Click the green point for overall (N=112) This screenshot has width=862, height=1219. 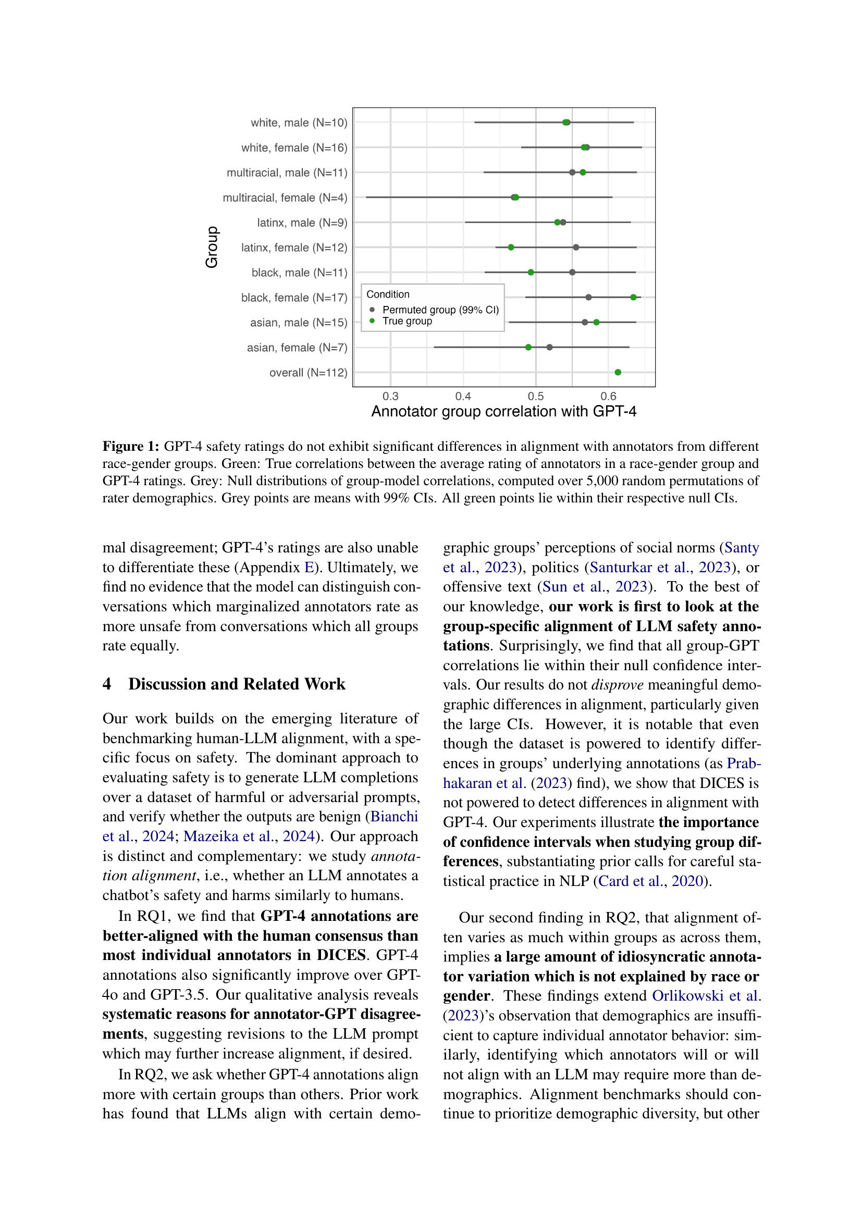pos(618,372)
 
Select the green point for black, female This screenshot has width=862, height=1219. pos(633,297)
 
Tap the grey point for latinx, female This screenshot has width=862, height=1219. pos(576,248)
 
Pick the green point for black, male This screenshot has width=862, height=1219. pos(531,273)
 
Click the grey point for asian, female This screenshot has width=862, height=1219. pos(549,347)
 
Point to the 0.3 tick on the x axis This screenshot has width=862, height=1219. pos(391,396)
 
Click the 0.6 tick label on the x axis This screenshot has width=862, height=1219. pos(608,396)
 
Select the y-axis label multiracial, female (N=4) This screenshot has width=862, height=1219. pos(285,198)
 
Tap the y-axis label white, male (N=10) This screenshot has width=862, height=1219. pos(299,123)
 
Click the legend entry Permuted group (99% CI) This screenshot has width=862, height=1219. pos(440,310)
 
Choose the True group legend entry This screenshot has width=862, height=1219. pos(407,321)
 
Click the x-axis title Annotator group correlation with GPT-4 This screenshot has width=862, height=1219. pos(503,412)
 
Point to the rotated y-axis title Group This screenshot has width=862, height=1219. pos(212,248)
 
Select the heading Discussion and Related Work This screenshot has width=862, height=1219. pos(237,684)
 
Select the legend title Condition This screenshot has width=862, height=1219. pos(388,294)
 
